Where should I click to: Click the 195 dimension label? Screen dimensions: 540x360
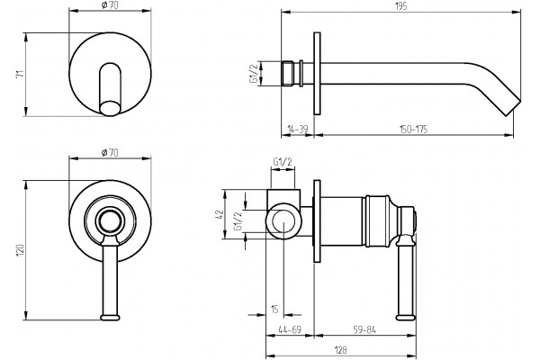pos(401,6)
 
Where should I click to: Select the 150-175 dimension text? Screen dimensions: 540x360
pos(413,130)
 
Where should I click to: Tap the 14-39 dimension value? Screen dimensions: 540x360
pos(298,130)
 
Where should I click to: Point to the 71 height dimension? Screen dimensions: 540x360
pos(20,74)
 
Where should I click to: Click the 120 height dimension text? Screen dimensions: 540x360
pos(20,250)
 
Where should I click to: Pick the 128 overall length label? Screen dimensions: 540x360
pos(340,350)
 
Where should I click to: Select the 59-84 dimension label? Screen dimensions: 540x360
pos(364,329)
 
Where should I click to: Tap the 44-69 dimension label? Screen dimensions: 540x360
pos(290,329)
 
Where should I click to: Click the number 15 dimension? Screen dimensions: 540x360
pos(274,310)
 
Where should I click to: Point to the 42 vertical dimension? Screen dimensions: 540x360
pos(220,214)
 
